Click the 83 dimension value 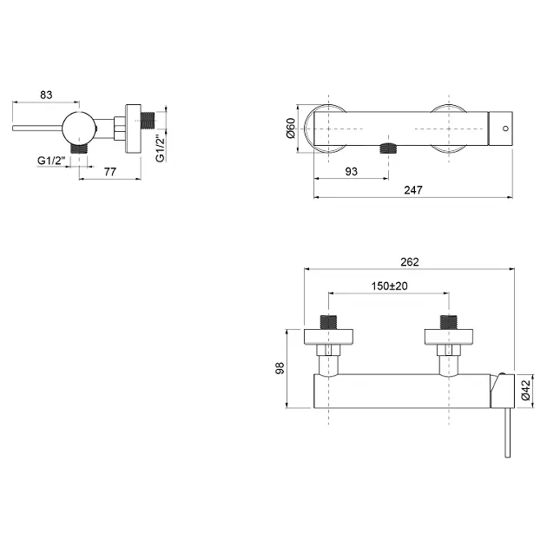pos(46,95)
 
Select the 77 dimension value pos(110,172)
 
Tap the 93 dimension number pos(352,171)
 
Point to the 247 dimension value pos(413,190)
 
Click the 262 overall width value pos(410,261)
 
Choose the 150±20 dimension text pos(389,286)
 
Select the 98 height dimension pos(280,368)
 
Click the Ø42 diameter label pos(525,390)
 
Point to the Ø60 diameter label pos(291,129)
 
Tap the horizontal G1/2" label pos(51,161)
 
